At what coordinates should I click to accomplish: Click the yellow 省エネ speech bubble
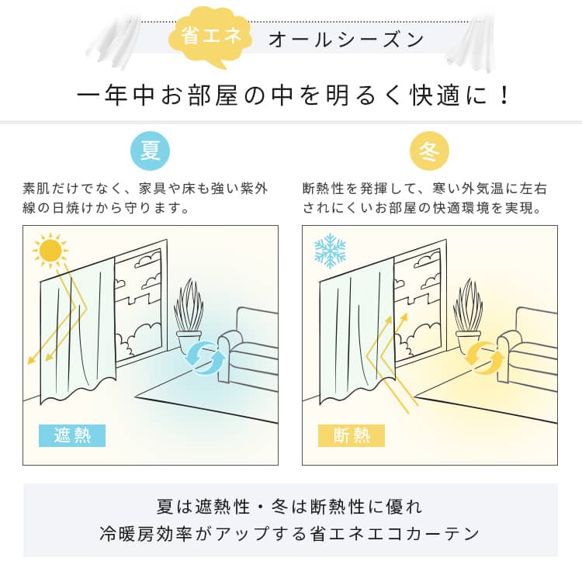[x=210, y=36]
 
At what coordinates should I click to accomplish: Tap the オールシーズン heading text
[x=346, y=40]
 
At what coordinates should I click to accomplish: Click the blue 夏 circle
[x=150, y=151]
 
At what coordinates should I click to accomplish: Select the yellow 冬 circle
[x=429, y=151]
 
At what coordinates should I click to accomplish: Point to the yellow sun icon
[x=50, y=250]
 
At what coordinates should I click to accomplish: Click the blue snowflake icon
[x=330, y=251]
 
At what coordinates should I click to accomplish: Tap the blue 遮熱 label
[x=72, y=435]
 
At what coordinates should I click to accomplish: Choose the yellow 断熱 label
[x=351, y=435]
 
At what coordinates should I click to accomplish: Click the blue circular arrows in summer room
[x=206, y=356]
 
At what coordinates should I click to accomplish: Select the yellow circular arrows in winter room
[x=484, y=356]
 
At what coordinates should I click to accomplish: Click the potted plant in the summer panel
[x=189, y=317]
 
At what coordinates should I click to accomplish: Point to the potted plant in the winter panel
[x=469, y=317]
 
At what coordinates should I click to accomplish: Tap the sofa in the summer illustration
[x=248, y=349]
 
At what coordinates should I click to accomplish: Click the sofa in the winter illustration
[x=527, y=349]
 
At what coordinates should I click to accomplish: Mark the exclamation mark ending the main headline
[x=504, y=95]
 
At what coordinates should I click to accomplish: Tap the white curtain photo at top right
[x=471, y=42]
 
